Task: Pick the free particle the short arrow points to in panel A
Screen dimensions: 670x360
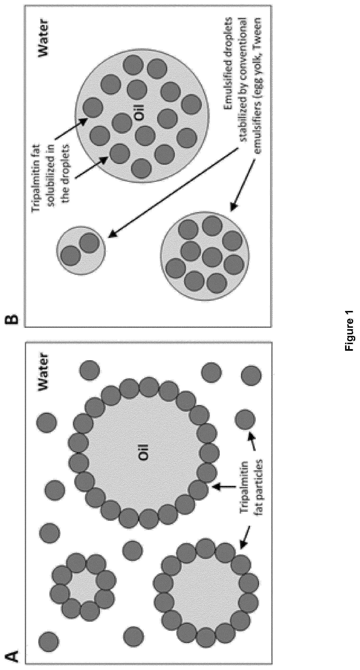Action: (245, 419)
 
